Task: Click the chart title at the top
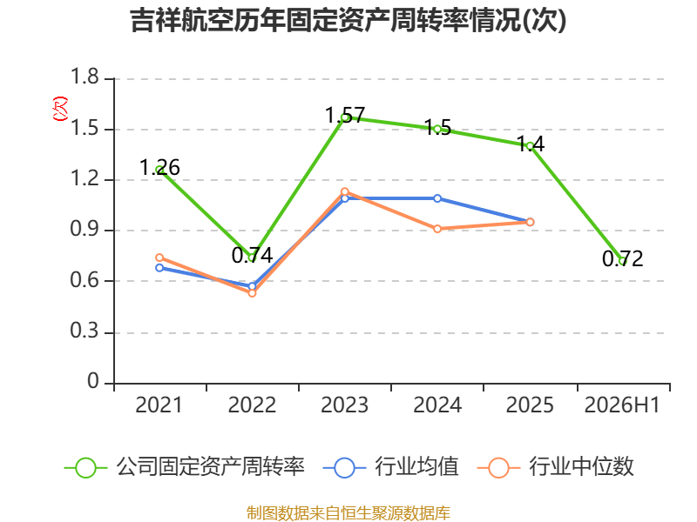point(348,20)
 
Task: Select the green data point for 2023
point(344,117)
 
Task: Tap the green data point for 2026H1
point(622,261)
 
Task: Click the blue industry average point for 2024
point(437,198)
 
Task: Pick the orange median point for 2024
point(437,229)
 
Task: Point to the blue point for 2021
point(159,268)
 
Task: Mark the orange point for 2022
point(252,293)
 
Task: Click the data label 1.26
point(159,167)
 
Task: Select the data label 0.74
point(252,255)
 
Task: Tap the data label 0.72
point(622,258)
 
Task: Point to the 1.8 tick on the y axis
point(85,77)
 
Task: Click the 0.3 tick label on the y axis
point(85,331)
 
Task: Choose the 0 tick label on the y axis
point(93,381)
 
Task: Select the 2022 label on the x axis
point(252,405)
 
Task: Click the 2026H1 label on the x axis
point(622,405)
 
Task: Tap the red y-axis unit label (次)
point(60,109)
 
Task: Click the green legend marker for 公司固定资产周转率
point(85,468)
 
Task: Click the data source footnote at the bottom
point(348,513)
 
